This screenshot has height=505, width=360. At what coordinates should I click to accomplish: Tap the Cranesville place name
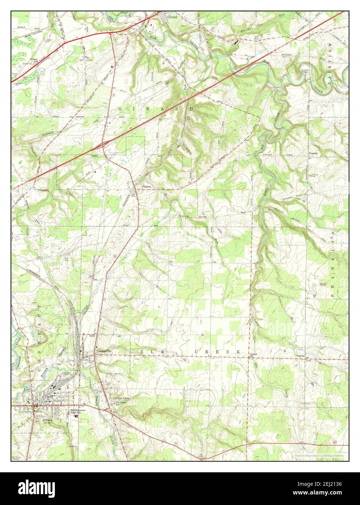(104, 351)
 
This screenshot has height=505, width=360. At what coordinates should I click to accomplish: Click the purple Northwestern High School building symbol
(76, 417)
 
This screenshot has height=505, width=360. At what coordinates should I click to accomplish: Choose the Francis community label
(313, 153)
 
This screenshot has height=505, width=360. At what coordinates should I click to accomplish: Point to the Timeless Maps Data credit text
(319, 455)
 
